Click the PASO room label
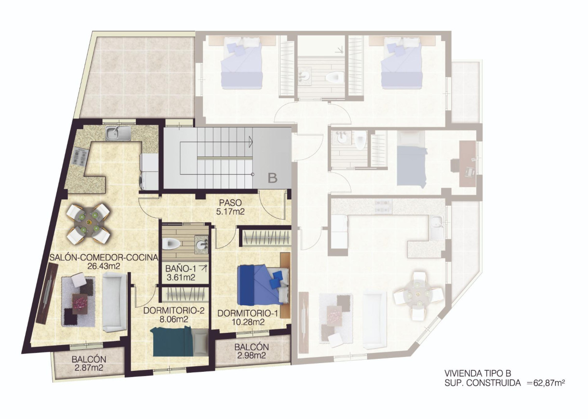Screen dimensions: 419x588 coord(229,202)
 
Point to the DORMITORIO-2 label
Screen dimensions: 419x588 coord(174,310)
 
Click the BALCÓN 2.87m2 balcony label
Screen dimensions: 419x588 coord(89,359)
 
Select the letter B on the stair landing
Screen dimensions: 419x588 coord(272,178)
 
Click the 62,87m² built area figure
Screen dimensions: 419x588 coord(546,383)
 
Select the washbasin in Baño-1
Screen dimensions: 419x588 coord(201,244)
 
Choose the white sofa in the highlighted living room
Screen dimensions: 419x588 coord(114,301)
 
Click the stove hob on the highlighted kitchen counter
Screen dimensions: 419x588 coord(79,156)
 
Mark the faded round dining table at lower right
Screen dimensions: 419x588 coord(418,296)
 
